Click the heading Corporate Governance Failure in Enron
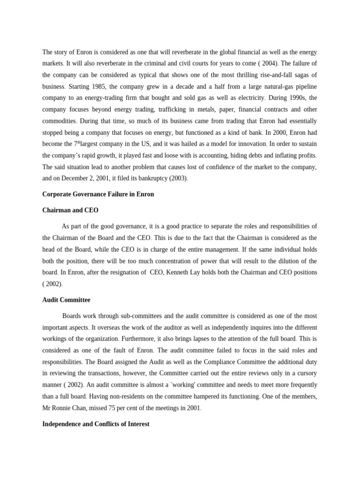[x=98, y=194]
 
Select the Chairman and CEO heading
[x=70, y=210]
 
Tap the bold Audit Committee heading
[x=66, y=300]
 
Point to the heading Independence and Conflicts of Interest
[x=96, y=424]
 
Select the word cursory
[x=306, y=373]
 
